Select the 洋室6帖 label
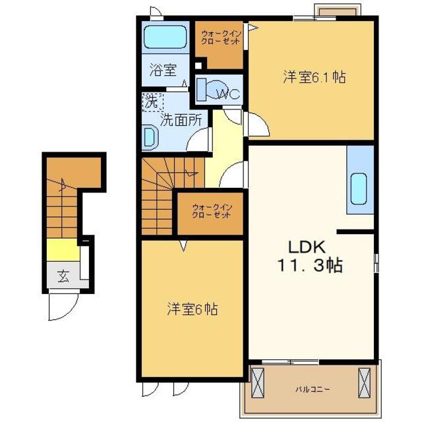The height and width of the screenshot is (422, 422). point(192,308)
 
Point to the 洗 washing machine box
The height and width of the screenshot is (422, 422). point(152,102)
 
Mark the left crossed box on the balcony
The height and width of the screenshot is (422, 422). point(258,382)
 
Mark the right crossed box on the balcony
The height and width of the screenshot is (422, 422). point(365,382)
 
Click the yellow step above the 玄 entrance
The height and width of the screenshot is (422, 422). point(63,251)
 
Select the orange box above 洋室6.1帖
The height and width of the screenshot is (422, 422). point(337,12)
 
